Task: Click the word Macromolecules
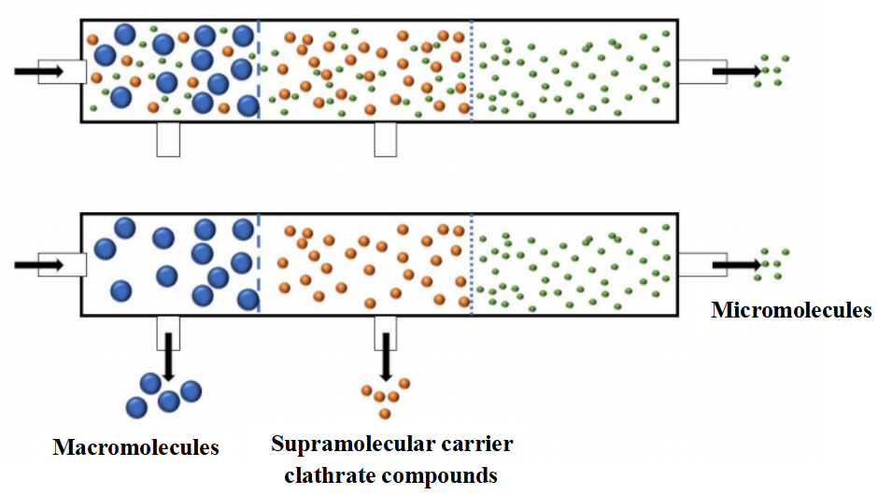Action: tap(135, 447)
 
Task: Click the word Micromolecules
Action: tap(791, 310)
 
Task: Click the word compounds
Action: tap(436, 474)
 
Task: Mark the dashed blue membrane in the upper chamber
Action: tap(258, 71)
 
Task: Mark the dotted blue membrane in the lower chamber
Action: tap(472, 265)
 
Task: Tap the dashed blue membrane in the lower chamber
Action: tap(258, 265)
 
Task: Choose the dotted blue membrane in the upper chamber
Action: tap(472, 71)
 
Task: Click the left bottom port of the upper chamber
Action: tap(168, 139)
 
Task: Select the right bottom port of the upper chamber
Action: tap(385, 139)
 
